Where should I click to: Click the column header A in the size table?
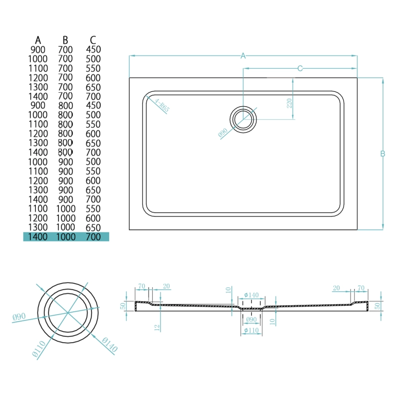pos(38,40)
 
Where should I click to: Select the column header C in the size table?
pos(93,40)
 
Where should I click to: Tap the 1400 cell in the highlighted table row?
pos(38,237)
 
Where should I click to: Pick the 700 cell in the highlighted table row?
pos(93,237)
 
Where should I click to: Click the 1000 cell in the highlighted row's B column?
pos(65,237)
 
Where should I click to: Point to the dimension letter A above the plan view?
pos(243,56)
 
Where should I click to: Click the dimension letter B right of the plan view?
pos(383,154)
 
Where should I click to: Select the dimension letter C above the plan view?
pos(300,68)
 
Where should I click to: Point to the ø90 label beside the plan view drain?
pos(222,133)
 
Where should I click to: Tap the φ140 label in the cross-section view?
pos(251,295)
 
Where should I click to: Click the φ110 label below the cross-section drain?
pos(250,331)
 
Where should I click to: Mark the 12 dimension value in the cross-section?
pos(156,327)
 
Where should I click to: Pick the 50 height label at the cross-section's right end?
pos(378,305)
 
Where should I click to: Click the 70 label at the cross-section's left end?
pos(142,286)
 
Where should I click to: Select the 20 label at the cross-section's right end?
pos(336,288)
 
